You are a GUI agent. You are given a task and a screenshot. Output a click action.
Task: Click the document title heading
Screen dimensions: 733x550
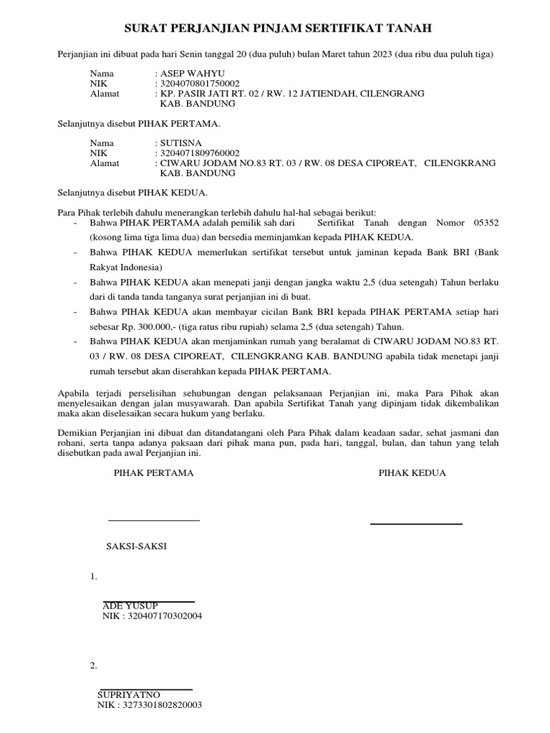[279, 29]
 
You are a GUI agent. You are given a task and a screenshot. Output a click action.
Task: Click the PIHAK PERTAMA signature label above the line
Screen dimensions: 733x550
[154, 473]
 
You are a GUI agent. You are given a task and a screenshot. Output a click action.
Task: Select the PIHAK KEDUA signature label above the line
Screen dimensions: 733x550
[412, 473]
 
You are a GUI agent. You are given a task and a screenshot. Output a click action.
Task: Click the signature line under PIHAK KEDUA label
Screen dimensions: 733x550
[416, 524]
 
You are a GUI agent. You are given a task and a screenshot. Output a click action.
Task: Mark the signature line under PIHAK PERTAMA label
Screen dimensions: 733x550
[154, 520]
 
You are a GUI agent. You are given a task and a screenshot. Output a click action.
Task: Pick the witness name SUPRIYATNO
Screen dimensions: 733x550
[129, 694]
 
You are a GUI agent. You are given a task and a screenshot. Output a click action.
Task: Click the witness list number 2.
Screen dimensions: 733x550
[93, 666]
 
